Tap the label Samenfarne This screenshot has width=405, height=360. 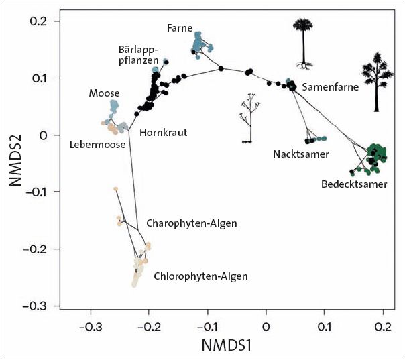pos(330,87)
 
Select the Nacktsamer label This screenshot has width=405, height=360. pos(300,154)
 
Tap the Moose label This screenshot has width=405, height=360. pos(104,93)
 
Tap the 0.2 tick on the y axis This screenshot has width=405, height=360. pos(42,21)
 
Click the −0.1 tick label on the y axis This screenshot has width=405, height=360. pos(38,192)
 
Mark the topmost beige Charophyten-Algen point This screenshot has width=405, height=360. pos(116,189)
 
